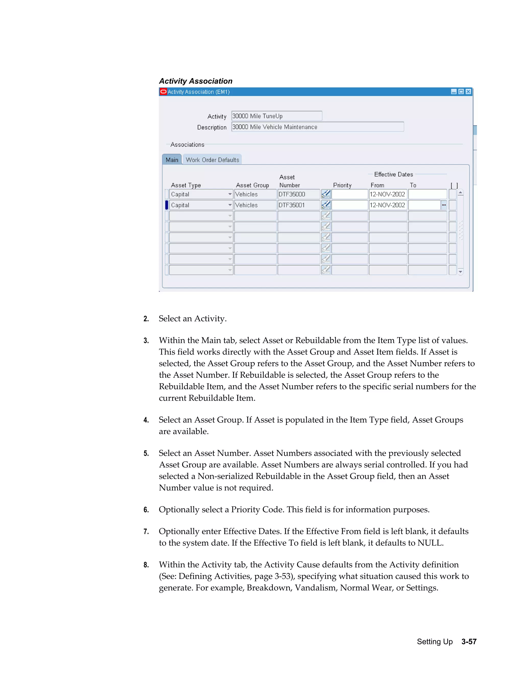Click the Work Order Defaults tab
[212, 160]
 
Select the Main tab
[172, 160]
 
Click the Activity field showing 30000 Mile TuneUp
[276, 116]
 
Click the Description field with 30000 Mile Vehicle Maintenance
[317, 127]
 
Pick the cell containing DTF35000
[298, 194]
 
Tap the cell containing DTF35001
[298, 205]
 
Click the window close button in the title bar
[468, 91]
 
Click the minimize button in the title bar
[454, 91]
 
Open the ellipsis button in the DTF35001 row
[444, 205]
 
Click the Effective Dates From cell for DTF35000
[387, 194]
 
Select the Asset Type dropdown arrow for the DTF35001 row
[230, 205]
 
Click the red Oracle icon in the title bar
[163, 91]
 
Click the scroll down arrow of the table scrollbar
[460, 272]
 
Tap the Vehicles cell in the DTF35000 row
[255, 194]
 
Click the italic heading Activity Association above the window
[196, 81]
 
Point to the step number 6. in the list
[146, 510]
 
